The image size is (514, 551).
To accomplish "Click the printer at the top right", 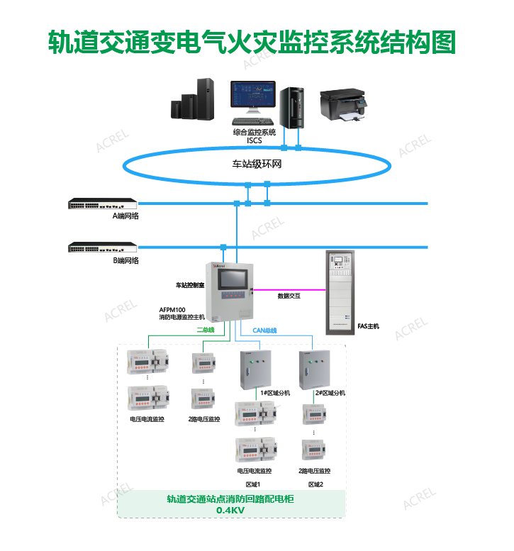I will pyautogui.click(x=345, y=104).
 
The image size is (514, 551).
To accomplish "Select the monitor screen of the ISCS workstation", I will pyautogui.click(x=252, y=95).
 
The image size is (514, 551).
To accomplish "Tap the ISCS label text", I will pyautogui.click(x=255, y=140).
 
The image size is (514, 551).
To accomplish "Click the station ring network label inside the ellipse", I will pyautogui.click(x=257, y=165).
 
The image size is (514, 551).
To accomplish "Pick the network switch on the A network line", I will pyautogui.click(x=103, y=204).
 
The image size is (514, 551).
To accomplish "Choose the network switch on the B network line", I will pyautogui.click(x=103, y=247).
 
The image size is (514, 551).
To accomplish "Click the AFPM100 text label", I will pyautogui.click(x=172, y=310).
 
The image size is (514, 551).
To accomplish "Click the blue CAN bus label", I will pyautogui.click(x=265, y=330).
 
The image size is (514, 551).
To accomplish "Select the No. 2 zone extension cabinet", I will pyautogui.click(x=314, y=369).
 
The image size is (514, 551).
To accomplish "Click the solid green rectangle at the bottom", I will pyautogui.click(x=231, y=503).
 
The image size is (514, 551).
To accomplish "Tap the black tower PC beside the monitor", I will pyautogui.click(x=291, y=107).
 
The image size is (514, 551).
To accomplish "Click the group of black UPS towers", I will pyautogui.click(x=193, y=101).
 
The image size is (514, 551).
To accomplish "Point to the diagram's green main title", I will pyautogui.click(x=251, y=42).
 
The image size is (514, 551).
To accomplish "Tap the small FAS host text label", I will pyautogui.click(x=369, y=326).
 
